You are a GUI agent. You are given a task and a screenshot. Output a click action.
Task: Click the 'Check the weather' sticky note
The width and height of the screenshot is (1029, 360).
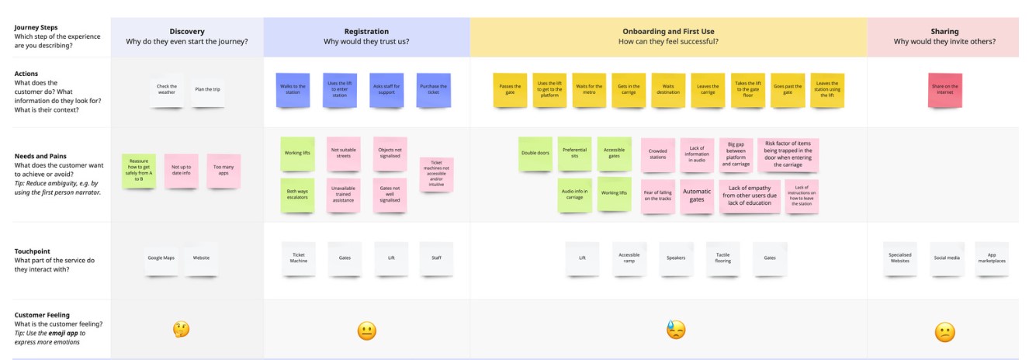167,89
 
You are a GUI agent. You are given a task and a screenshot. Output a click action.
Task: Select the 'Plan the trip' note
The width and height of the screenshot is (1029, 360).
207,89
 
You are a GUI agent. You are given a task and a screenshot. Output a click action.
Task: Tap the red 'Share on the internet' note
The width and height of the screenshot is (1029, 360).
945,89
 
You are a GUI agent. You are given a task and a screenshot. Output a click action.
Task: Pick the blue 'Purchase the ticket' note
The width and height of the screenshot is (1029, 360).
434,89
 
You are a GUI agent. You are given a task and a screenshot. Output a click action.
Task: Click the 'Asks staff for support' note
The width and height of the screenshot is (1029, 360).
387,89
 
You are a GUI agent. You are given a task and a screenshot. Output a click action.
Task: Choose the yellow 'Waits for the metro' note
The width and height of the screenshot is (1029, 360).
589,89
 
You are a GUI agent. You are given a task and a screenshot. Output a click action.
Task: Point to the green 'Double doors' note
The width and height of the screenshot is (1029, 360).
535,154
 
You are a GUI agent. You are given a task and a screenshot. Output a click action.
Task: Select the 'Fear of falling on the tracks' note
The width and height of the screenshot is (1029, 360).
657,196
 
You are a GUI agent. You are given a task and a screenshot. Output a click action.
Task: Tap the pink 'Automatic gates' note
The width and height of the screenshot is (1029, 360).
697,196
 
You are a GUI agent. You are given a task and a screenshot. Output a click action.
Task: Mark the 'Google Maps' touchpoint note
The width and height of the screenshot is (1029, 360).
161,258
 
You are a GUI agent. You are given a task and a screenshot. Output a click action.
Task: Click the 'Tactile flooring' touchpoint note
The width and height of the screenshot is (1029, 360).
722,258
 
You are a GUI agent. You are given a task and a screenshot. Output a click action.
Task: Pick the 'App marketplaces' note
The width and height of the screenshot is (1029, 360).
992,258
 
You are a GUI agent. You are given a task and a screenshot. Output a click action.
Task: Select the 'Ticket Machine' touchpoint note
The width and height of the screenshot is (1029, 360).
299,258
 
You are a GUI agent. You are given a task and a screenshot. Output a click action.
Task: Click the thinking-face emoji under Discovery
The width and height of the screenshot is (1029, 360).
181,329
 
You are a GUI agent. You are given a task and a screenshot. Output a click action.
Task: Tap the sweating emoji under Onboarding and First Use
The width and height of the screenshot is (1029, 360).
676,330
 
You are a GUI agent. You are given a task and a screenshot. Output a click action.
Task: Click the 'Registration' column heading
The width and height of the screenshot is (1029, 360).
366,31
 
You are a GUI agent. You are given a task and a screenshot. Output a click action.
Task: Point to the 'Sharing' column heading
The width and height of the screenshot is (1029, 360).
944,31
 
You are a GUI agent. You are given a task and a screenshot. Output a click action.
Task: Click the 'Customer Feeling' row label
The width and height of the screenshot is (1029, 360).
42,315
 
